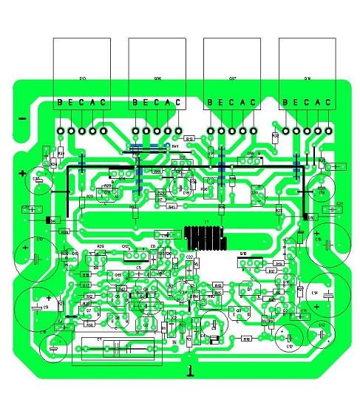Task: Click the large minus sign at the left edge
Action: [x=22, y=119]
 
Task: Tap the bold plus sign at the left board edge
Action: [x=23, y=175]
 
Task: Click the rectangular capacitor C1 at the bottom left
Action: [x=116, y=349]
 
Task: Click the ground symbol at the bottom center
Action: [x=191, y=370]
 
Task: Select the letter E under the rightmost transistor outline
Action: [x=296, y=103]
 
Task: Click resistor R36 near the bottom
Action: [x=247, y=339]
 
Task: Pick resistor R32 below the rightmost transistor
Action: [x=276, y=137]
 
